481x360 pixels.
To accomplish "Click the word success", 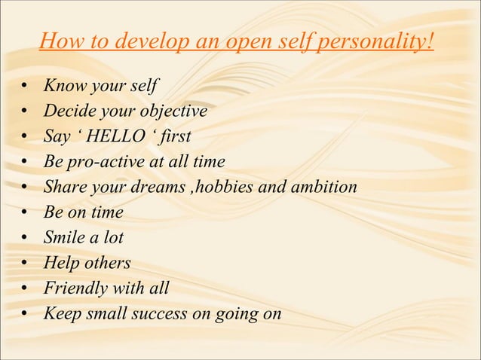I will [x=161, y=313].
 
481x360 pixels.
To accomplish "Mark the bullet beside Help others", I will [x=25, y=264].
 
